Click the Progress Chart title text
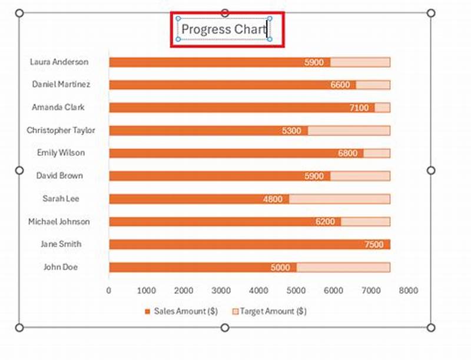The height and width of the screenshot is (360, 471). click(x=224, y=29)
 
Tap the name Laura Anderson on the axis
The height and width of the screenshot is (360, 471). click(x=59, y=62)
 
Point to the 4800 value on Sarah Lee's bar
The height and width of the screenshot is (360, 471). click(x=273, y=199)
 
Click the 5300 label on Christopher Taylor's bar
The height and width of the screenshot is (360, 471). click(x=291, y=131)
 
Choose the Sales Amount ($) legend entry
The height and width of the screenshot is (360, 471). click(x=184, y=311)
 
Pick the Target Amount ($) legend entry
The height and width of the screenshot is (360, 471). click(x=272, y=311)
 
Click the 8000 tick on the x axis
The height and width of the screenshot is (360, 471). click(x=408, y=290)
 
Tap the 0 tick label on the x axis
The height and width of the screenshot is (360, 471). click(x=109, y=290)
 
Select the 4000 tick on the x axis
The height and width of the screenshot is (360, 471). click(x=258, y=290)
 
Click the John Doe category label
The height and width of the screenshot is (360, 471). click(x=61, y=267)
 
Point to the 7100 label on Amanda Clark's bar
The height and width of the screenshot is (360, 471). click(x=359, y=108)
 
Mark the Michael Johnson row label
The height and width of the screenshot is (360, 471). click(x=59, y=222)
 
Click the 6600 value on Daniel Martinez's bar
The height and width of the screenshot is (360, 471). click(x=340, y=85)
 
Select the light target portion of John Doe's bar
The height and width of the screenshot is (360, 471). click(x=343, y=268)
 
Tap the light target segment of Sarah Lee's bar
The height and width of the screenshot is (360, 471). click(x=339, y=199)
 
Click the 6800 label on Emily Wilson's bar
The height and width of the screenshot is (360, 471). click(x=347, y=154)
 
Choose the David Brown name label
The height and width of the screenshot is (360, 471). click(x=59, y=176)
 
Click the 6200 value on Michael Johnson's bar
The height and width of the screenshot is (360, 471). click(x=325, y=222)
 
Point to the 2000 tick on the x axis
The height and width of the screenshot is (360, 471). click(x=184, y=290)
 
